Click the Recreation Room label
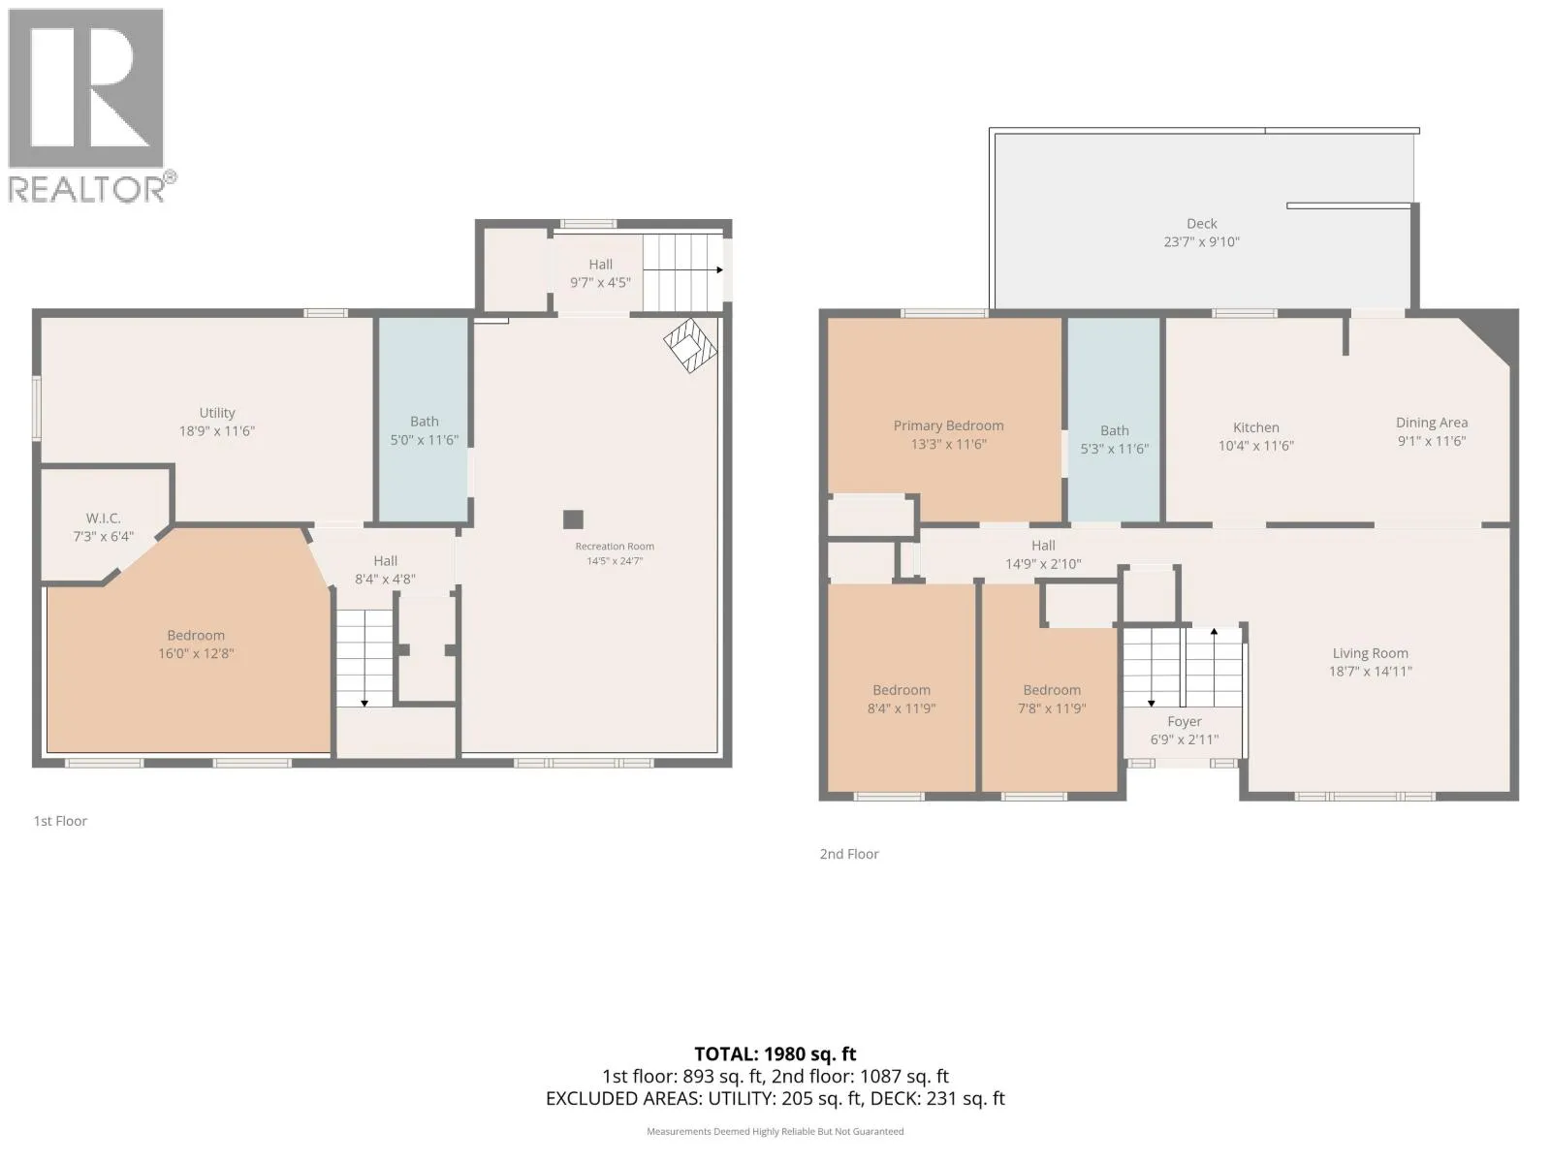[x=614, y=546]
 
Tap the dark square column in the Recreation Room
[x=573, y=519]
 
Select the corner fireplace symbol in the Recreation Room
[x=690, y=345]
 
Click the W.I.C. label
[x=103, y=519]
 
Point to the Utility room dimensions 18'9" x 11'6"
[x=217, y=430]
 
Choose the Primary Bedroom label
[x=948, y=425]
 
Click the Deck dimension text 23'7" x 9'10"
[x=1201, y=241]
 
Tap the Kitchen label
[x=1255, y=427]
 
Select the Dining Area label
[x=1432, y=423]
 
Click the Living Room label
[x=1370, y=653]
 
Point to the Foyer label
[x=1185, y=721]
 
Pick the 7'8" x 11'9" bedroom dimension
[x=1052, y=708]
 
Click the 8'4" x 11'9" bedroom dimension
[x=901, y=708]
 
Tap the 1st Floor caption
[x=60, y=821]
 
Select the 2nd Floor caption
[x=848, y=854]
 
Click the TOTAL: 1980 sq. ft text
[x=775, y=1054]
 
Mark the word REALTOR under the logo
[x=87, y=189]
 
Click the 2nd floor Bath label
[x=1115, y=430]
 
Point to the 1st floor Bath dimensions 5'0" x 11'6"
[x=424, y=440]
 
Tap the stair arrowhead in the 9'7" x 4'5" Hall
[x=719, y=269]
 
